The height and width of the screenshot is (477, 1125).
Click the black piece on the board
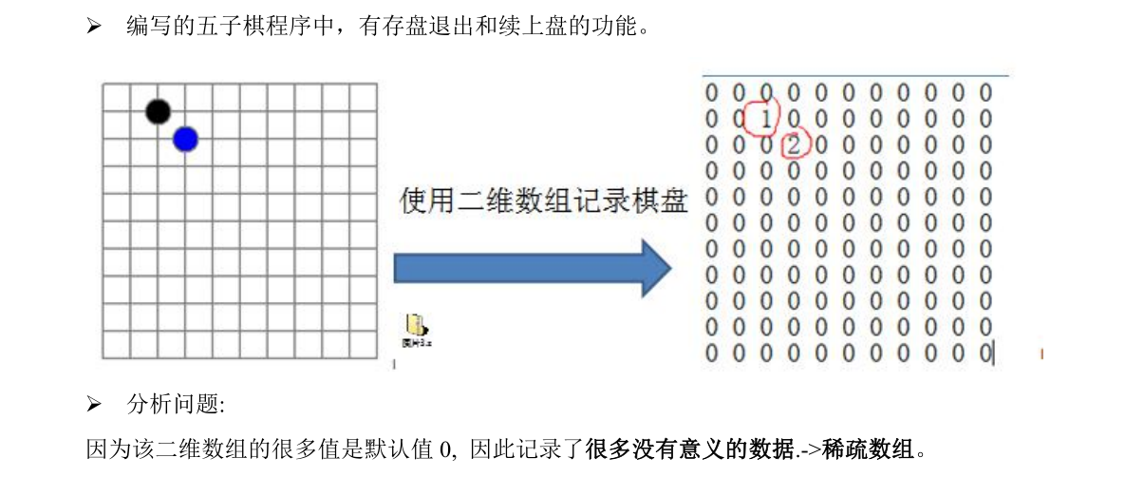click(158, 111)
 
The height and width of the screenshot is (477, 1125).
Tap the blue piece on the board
click(185, 140)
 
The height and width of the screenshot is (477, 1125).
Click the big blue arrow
click(532, 268)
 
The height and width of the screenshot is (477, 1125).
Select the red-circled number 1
click(764, 119)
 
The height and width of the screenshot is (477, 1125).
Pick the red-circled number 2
click(795, 145)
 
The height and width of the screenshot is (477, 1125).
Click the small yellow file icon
click(416, 325)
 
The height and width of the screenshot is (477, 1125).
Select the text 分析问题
click(175, 405)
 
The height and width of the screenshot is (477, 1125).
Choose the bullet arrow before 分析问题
click(94, 406)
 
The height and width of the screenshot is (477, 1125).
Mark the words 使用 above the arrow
click(423, 200)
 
